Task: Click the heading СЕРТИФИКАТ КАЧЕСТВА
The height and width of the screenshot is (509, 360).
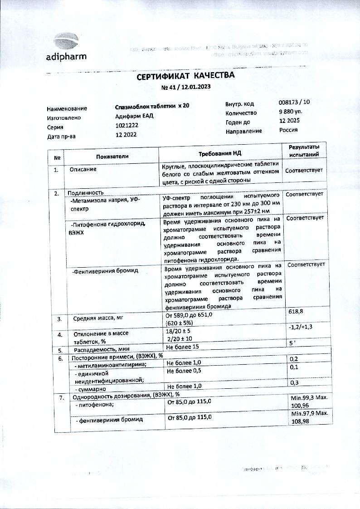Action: coord(186,76)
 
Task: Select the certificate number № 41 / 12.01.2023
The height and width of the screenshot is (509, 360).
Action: coord(186,87)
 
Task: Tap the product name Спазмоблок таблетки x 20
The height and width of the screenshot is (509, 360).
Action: coord(152,106)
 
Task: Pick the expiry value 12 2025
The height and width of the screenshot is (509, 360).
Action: coord(289,121)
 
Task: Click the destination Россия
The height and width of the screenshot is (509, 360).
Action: coord(288,130)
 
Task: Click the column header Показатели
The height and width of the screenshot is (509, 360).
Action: coord(112,156)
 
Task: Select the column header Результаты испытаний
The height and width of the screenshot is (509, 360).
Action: coord(304,151)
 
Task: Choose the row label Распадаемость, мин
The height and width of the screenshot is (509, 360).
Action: coord(101,350)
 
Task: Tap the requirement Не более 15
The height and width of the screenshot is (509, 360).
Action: coord(182,347)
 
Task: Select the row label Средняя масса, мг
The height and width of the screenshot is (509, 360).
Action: coord(98,318)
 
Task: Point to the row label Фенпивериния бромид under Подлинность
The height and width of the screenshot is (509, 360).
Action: coord(106,271)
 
